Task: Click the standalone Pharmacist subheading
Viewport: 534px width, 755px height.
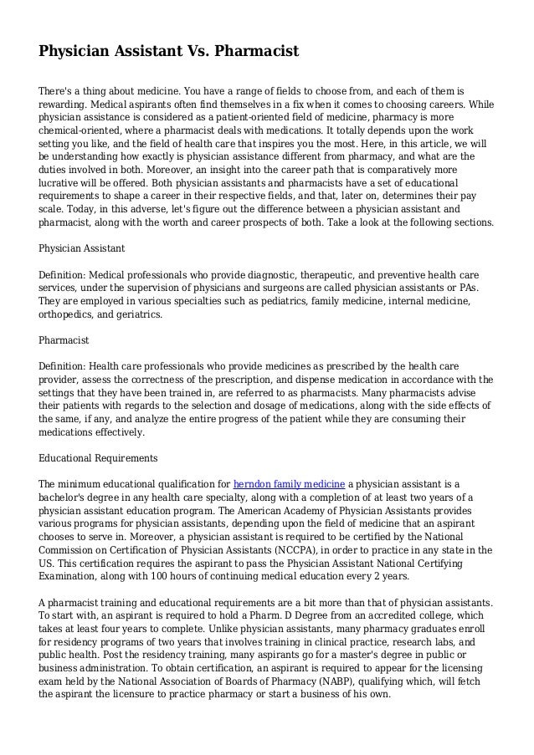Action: pyautogui.click(x=64, y=341)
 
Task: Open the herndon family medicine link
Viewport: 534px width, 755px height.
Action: pyautogui.click(x=289, y=484)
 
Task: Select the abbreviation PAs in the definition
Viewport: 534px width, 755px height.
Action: pyautogui.click(x=480, y=287)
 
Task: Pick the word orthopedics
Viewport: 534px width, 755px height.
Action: pyautogui.click(x=68, y=314)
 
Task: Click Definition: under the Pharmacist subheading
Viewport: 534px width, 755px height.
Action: pyautogui.click(x=64, y=367)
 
